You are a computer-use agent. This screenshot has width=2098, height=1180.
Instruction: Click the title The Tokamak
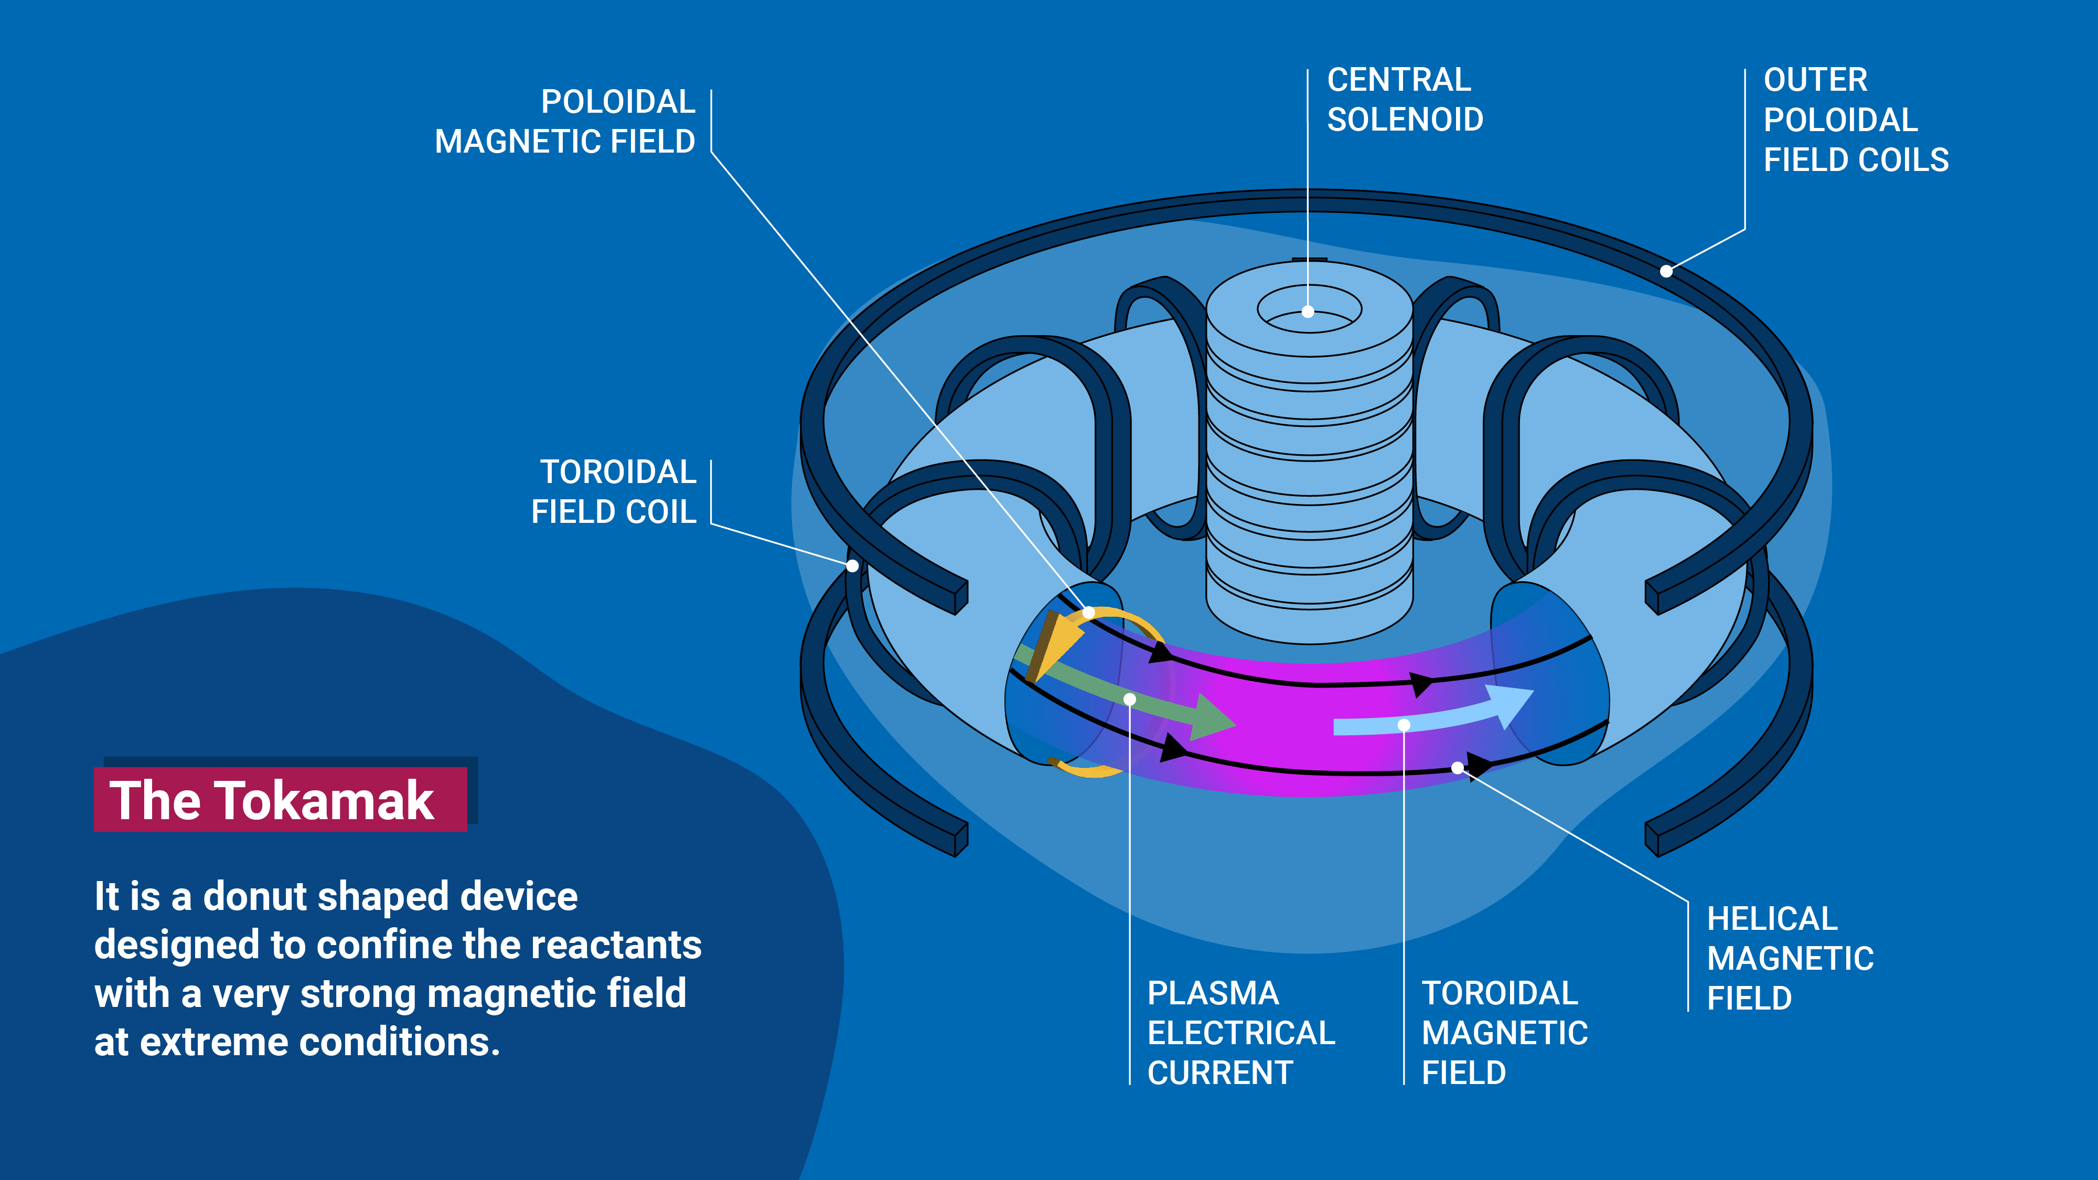click(272, 800)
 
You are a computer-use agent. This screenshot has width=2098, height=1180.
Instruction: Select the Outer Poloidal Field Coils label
click(1855, 120)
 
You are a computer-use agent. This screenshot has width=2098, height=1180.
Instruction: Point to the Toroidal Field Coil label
click(614, 492)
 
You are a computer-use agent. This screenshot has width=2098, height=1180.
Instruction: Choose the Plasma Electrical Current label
click(1240, 1033)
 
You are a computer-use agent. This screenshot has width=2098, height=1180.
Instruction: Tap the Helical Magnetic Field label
click(1789, 959)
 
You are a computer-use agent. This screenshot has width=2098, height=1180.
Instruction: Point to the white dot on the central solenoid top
click(1308, 311)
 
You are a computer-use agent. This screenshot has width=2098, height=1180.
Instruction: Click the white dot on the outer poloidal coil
click(1666, 271)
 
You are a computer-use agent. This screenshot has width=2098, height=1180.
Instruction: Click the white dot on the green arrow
click(1130, 699)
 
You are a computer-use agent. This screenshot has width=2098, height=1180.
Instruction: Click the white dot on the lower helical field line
click(1457, 768)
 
